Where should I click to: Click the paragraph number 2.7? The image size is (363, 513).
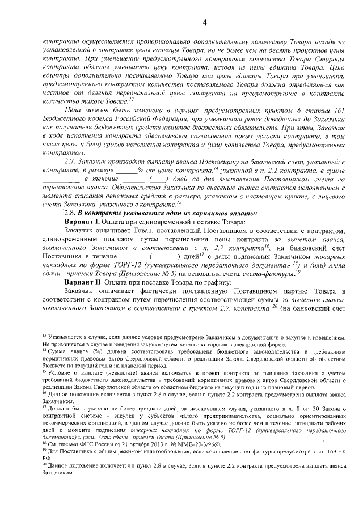[71, 162]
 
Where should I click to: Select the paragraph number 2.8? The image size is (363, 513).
[71, 213]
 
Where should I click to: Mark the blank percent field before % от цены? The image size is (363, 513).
[127, 171]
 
